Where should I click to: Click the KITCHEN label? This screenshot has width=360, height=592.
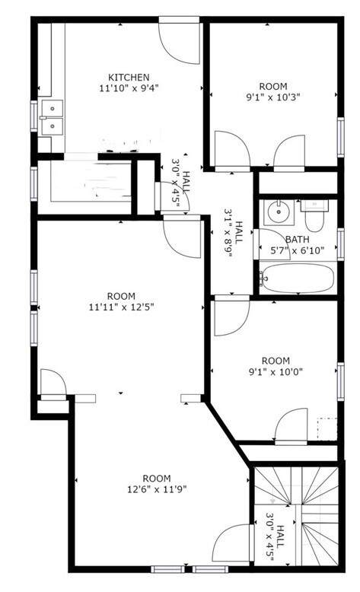click(129, 78)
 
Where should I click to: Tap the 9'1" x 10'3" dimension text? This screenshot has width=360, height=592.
click(272, 97)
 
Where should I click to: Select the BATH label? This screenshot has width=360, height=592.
click(298, 240)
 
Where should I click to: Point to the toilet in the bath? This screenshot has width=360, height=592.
click(314, 215)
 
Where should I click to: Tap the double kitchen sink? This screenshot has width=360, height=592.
click(53, 118)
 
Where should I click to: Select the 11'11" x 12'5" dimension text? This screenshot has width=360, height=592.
click(121, 307)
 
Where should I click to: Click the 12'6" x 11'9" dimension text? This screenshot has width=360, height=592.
click(157, 490)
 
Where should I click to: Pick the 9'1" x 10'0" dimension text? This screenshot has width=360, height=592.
click(276, 372)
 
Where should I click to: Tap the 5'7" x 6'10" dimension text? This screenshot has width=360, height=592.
click(297, 250)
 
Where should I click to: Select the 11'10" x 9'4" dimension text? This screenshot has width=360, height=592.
click(129, 88)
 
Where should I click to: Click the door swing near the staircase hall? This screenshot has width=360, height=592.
click(231, 543)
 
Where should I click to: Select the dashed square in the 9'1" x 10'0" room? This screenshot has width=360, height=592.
click(327, 428)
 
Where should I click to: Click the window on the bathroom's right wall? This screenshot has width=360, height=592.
click(341, 244)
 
